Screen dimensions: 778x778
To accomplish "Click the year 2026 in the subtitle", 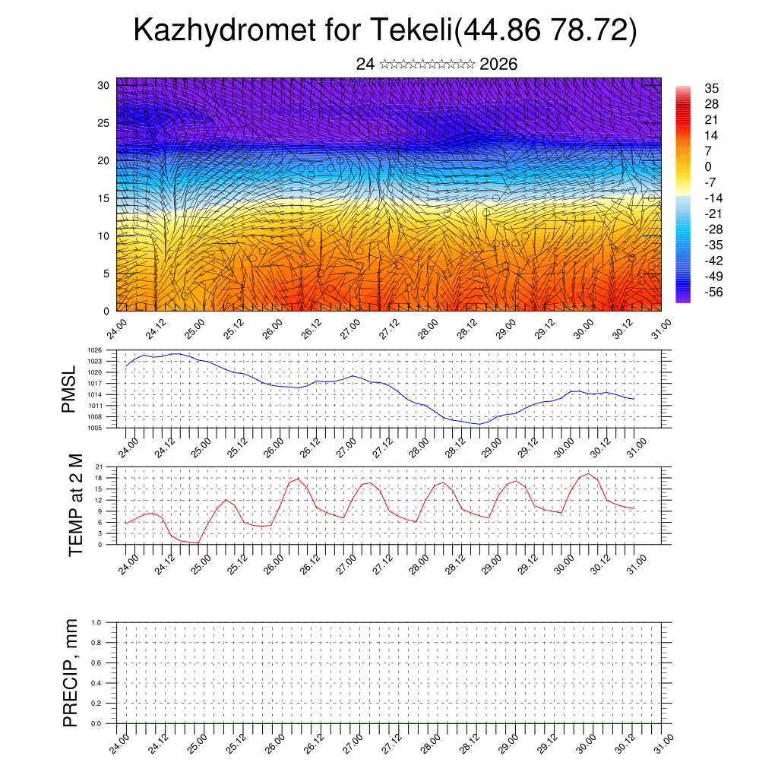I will [498, 65].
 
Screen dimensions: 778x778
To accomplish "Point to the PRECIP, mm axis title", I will [71, 672].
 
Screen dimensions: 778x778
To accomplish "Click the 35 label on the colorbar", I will [712, 89].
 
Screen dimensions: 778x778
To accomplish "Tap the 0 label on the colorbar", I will [708, 166].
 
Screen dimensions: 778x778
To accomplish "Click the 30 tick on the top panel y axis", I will [103, 85].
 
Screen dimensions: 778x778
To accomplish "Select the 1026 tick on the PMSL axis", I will [105, 350].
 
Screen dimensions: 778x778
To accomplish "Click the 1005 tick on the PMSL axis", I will [105, 429].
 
